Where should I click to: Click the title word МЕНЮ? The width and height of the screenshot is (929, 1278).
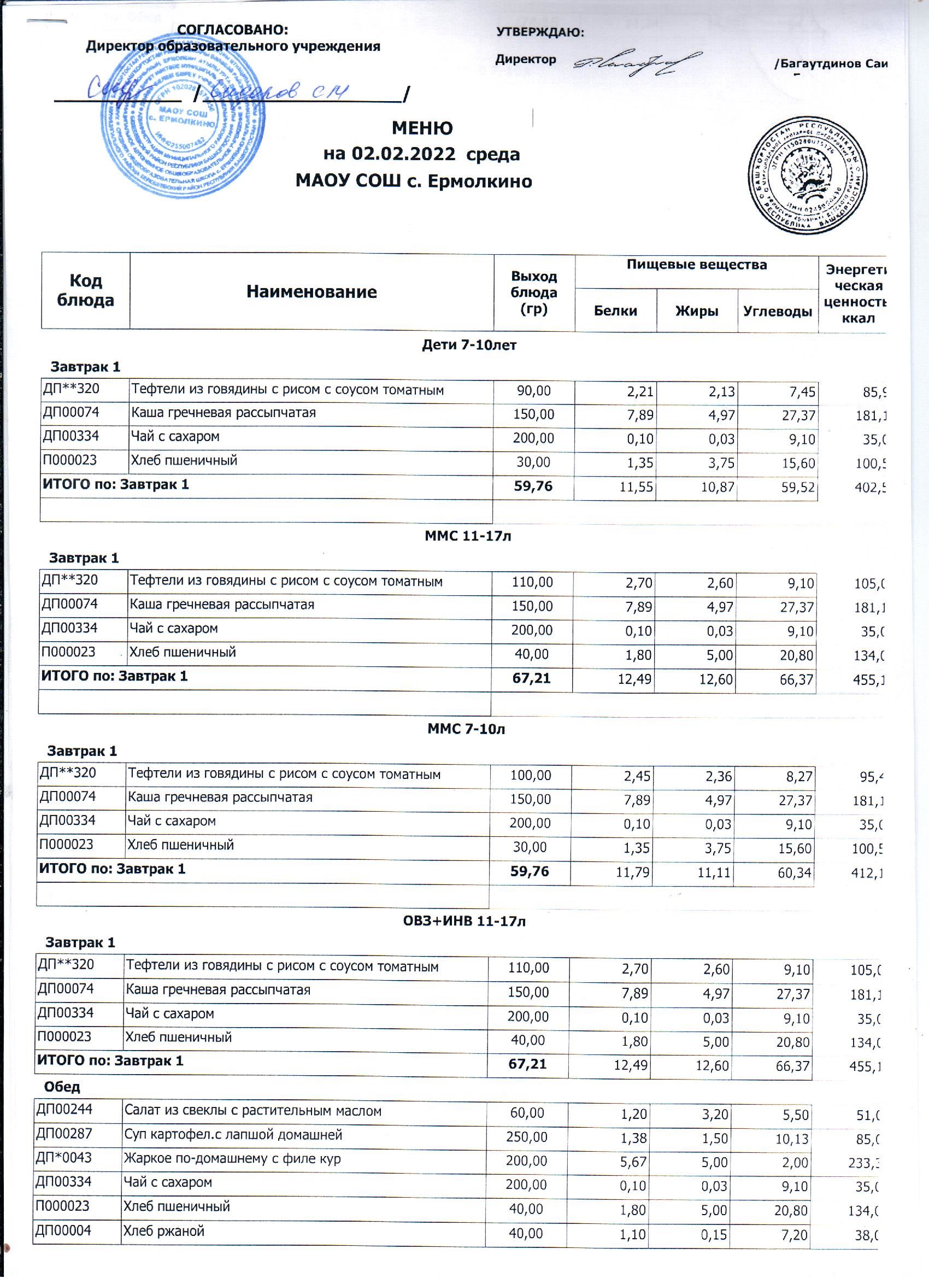[x=422, y=128]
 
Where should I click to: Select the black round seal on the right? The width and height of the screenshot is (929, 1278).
[x=807, y=176]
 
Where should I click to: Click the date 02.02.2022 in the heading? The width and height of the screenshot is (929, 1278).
[x=403, y=154]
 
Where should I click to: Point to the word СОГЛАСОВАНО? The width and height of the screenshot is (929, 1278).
[x=232, y=30]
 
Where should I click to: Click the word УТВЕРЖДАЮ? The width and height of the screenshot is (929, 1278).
[x=540, y=32]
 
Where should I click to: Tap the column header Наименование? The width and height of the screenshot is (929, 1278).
[x=311, y=291]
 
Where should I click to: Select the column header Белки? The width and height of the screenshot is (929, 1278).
[x=615, y=311]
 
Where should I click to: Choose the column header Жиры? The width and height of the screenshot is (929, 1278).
[x=696, y=311]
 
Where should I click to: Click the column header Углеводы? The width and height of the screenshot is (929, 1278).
[x=778, y=311]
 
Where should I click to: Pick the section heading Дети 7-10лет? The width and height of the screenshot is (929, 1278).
[x=469, y=345]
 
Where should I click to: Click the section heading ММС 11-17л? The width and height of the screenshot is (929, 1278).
[x=467, y=536]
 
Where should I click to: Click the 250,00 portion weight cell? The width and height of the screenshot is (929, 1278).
[x=527, y=1136]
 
